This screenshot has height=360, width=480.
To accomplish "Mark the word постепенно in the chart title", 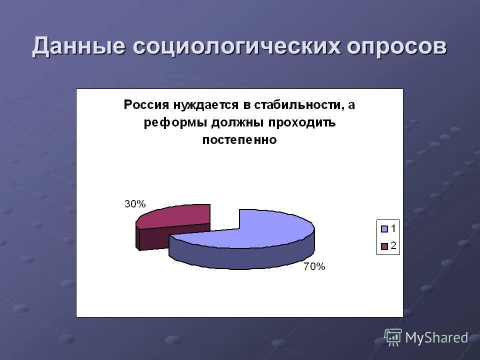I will [x=239, y=140].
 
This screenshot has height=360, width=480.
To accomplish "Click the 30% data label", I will [x=135, y=203].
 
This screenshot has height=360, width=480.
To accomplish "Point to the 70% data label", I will [x=314, y=266].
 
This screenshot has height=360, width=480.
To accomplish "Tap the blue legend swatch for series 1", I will [x=384, y=229].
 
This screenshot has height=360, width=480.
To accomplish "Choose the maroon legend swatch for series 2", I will [x=384, y=245].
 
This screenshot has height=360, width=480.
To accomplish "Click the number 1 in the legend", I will [x=393, y=229].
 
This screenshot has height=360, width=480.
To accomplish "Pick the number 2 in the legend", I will [x=393, y=245].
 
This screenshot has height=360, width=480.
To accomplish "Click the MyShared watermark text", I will [x=436, y=338].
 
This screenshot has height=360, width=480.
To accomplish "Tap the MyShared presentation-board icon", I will [x=393, y=337].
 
